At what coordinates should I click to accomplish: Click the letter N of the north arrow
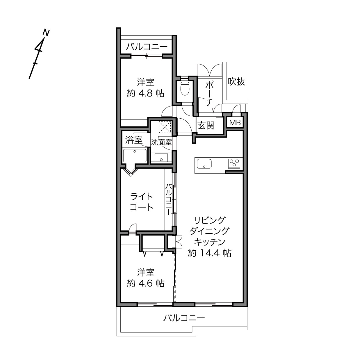pos(46,33)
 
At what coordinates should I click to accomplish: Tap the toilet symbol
pos(185,88)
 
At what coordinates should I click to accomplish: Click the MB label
pos(235,123)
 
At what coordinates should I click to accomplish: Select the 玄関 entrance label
pos(206,125)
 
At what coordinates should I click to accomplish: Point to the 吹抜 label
pos(236,81)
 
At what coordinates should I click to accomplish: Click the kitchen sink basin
pos(204,164)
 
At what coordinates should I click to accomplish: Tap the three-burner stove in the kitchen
pos(234,163)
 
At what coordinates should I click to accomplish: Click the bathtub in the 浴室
pos(135,156)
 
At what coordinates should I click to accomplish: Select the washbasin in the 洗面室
pos(161,158)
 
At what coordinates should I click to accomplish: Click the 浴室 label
pos(134,140)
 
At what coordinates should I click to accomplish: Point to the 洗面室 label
pos(161,142)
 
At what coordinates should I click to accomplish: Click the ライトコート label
pos(142,202)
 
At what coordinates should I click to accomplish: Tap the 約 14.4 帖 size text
pos(210,253)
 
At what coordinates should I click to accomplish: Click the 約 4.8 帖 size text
pos(146,93)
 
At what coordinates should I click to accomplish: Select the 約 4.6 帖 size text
pos(146,283)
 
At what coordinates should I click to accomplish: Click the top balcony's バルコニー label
pos(147,47)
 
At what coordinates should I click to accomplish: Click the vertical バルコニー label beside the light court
pos(169,199)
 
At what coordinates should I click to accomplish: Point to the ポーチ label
pos(210,93)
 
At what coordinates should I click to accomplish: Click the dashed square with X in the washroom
pos(165,127)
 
